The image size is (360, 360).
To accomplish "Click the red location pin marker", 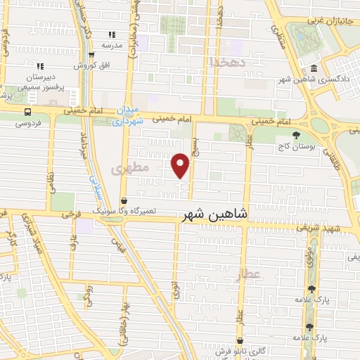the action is point(181,165).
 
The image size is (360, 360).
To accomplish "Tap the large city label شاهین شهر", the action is point(214,214).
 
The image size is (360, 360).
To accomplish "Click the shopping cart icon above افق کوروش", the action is point(92,54).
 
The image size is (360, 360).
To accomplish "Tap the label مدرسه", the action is point(112,45).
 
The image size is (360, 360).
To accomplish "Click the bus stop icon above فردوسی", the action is point(27,112).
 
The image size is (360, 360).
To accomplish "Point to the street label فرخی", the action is point(72,213).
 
